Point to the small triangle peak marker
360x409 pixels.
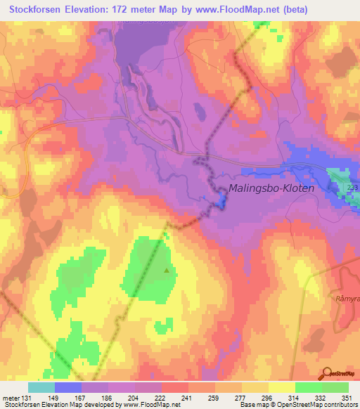[167, 268]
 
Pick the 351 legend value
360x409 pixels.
[348, 397]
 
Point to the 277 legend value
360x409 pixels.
[242, 397]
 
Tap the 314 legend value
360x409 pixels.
[295, 397]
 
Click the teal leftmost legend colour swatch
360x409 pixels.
[41, 387]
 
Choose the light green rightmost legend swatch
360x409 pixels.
[335, 387]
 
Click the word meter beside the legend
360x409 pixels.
[11, 397]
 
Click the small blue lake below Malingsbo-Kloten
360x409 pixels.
[221, 202]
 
